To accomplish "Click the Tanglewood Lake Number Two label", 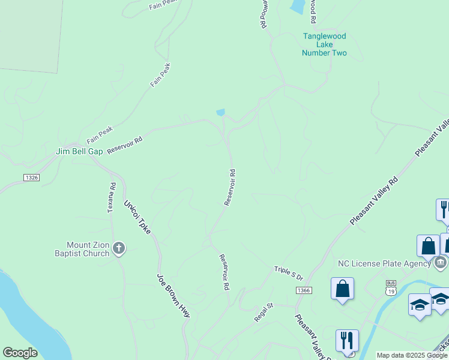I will pyautogui.click(x=325, y=44).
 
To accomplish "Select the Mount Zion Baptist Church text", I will pyautogui.click(x=88, y=249).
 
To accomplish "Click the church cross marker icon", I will pyautogui.click(x=119, y=248).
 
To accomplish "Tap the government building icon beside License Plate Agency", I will pyautogui.click(x=440, y=262).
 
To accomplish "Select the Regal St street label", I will pyautogui.click(x=263, y=313).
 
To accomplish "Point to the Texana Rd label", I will pyautogui.click(x=111, y=197).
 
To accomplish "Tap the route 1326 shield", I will pyautogui.click(x=32, y=178).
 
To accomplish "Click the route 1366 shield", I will pyautogui.click(x=304, y=290).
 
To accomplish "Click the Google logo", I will pyautogui.click(x=20, y=353).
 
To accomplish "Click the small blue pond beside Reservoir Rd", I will pyautogui.click(x=220, y=112).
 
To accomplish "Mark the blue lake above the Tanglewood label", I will pyautogui.click(x=297, y=7).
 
